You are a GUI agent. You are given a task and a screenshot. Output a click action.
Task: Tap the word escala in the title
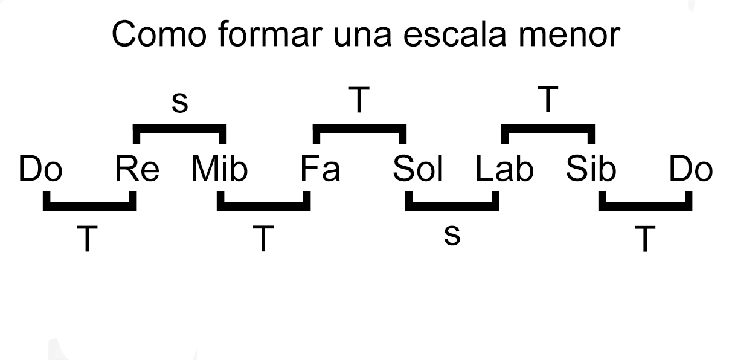(466, 36)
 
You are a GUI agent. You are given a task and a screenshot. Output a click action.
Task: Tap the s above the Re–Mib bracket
(179, 103)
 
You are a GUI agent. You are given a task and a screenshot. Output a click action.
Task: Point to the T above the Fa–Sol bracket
(359, 101)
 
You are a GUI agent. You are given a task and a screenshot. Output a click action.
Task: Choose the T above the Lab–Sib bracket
(548, 101)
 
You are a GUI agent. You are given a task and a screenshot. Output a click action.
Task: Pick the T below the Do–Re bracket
(89, 239)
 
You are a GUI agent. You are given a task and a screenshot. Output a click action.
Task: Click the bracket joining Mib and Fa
(263, 207)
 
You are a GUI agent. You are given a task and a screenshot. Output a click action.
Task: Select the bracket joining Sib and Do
(646, 207)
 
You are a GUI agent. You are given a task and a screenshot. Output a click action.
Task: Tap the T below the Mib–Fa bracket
(263, 239)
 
